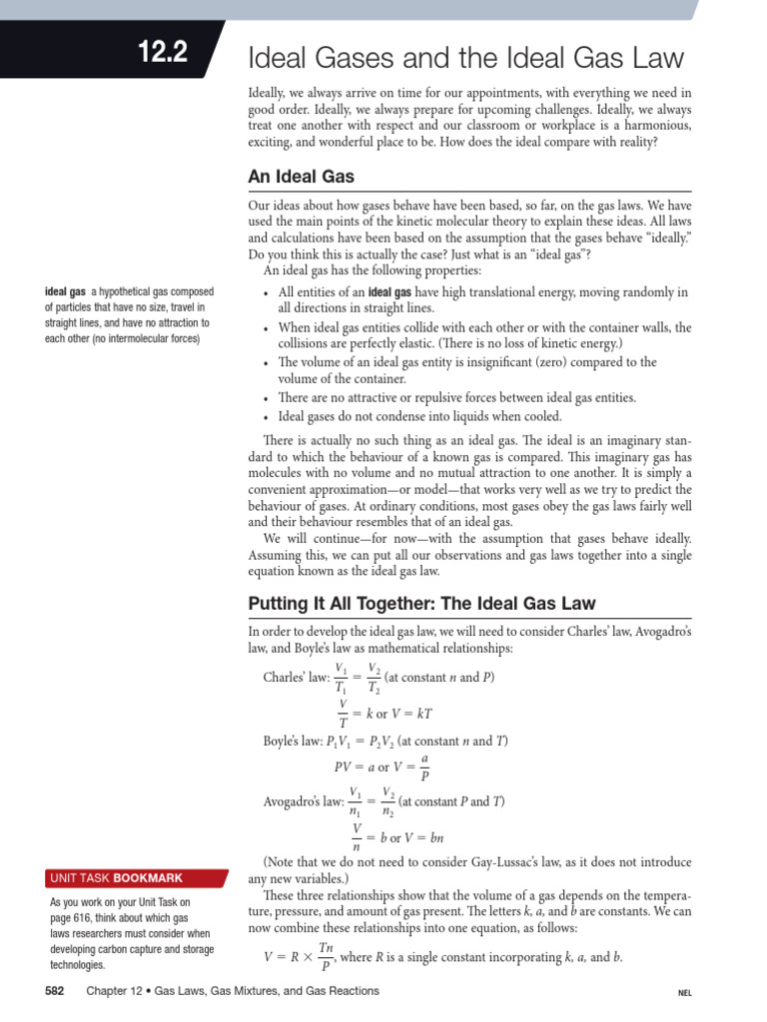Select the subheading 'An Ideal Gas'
coord(301,177)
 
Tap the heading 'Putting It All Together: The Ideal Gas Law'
coord(421,603)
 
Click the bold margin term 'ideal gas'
coord(67,292)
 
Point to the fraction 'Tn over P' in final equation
coord(326,956)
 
